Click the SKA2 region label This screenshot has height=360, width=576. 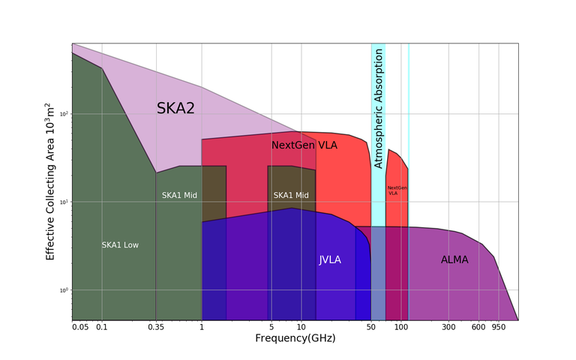(175, 109)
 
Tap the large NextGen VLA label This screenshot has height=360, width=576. (304, 145)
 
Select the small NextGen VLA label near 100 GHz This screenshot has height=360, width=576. (397, 190)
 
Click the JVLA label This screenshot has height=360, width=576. (330, 260)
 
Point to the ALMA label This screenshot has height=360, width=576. (454, 260)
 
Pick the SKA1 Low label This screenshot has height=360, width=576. (120, 245)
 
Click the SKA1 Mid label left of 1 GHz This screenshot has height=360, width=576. (179, 196)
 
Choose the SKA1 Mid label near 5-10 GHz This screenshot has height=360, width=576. (291, 196)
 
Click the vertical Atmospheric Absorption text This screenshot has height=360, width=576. (379, 108)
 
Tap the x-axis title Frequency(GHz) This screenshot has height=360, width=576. (295, 339)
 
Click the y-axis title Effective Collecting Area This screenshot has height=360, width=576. (51, 181)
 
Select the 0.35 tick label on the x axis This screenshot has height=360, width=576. (155, 328)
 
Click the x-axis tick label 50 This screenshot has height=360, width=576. (370, 328)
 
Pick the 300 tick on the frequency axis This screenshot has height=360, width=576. (448, 328)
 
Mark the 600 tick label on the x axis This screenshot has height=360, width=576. (478, 328)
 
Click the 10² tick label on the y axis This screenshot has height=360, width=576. (63, 113)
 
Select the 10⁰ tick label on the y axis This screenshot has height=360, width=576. (63, 289)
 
